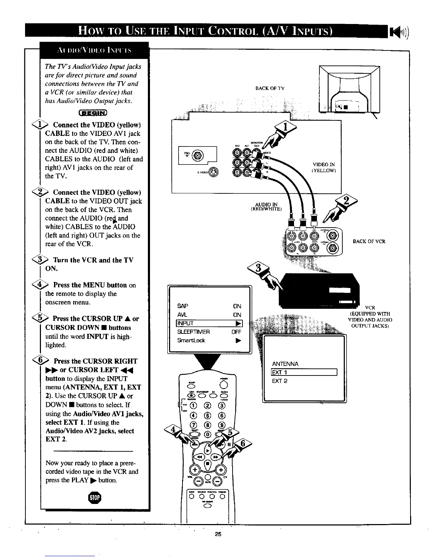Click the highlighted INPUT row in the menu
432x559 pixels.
210,323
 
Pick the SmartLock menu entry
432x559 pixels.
191,341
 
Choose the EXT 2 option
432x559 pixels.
280,381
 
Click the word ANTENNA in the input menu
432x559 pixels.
285,364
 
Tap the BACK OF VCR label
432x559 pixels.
369,241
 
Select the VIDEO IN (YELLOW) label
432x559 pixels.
324,167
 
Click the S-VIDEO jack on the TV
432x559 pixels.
214,172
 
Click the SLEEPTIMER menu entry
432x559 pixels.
193,332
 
